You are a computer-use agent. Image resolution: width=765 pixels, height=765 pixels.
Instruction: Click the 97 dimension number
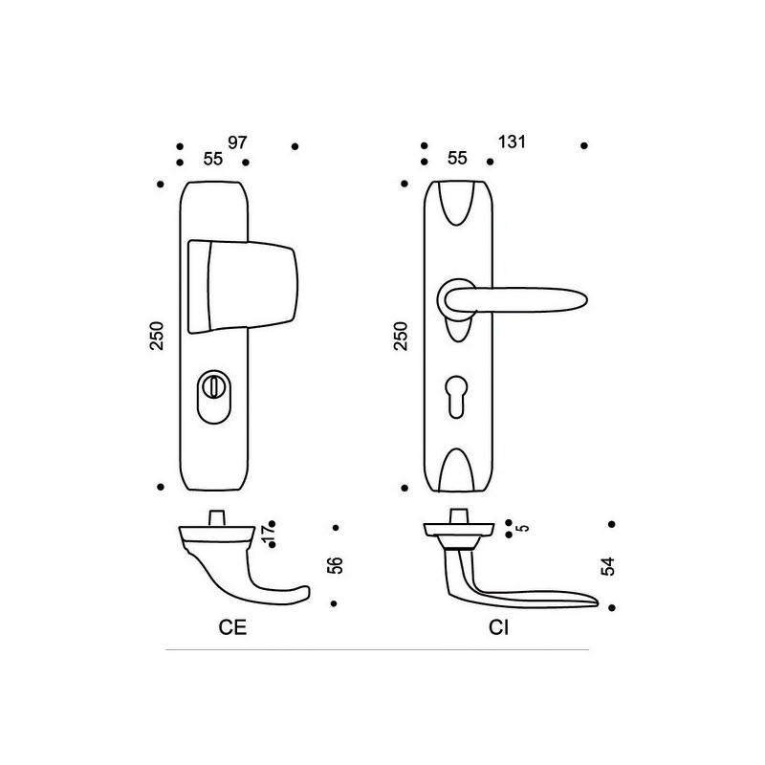pos(237,142)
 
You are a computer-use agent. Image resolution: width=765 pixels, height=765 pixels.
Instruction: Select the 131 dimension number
pos(512,142)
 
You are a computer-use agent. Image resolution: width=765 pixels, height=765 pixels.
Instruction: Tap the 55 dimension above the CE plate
pos(212,159)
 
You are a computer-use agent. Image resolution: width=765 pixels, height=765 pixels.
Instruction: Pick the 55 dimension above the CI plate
pos(457,158)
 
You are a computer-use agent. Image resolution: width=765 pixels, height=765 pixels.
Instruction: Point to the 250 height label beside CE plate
pos(157,336)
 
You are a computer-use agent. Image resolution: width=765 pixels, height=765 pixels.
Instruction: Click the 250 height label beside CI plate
pos(401,336)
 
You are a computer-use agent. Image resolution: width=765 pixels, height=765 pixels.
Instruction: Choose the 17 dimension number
pos(268,535)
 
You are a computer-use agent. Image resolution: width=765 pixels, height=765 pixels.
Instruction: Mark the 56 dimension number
pos(336,565)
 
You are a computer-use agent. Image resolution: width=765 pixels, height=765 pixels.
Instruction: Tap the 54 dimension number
pos(608,566)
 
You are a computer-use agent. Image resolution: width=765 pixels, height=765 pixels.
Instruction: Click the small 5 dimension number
pos(524,528)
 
